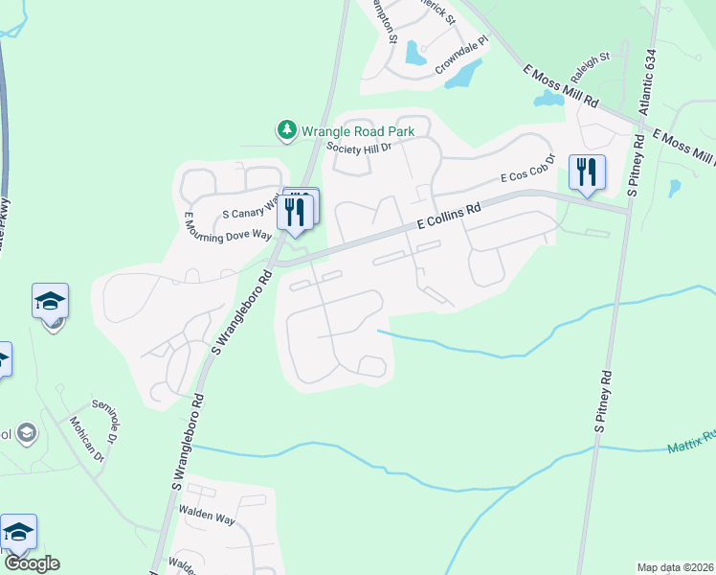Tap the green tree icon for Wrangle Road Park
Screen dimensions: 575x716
[285, 129]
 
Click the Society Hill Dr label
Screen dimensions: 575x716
[360, 148]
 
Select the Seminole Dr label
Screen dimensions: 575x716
[103, 415]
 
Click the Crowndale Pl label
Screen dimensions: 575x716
[461, 57]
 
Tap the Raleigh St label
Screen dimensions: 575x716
[591, 68]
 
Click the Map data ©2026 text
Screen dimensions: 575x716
[674, 567]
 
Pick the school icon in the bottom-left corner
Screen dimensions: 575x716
[18, 532]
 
